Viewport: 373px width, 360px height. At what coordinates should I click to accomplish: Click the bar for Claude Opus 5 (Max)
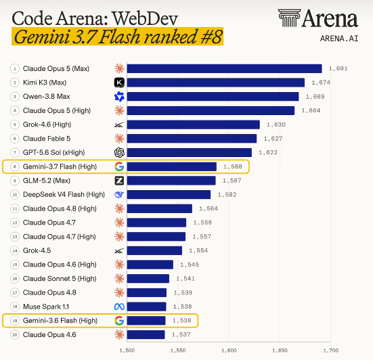(224, 68)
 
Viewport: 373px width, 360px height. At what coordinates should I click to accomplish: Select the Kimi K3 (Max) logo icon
(119, 83)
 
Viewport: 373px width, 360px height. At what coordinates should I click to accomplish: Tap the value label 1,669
(315, 97)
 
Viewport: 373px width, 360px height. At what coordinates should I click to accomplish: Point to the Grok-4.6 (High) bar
(194, 125)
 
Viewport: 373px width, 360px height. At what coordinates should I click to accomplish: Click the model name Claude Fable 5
(47, 139)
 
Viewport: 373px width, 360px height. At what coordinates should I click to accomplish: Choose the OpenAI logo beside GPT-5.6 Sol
(119, 152)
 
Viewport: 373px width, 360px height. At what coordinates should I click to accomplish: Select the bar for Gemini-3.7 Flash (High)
(172, 166)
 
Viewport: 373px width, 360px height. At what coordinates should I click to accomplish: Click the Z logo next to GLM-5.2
(119, 181)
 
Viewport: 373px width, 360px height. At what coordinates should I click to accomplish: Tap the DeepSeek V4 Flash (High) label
(64, 194)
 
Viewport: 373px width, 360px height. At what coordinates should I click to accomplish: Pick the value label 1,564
(209, 208)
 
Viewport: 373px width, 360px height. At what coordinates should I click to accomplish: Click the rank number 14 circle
(15, 250)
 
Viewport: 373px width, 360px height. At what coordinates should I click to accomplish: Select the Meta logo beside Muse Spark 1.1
(119, 307)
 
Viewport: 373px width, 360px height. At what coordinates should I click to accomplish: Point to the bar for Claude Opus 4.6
(146, 334)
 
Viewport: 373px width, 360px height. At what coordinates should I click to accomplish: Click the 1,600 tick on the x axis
(229, 351)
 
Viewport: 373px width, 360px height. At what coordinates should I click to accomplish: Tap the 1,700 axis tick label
(330, 351)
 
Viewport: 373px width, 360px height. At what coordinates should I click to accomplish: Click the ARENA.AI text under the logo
(339, 39)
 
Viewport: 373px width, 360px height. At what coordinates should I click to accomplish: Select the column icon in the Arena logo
(289, 18)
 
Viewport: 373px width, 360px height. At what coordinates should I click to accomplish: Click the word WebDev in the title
(145, 18)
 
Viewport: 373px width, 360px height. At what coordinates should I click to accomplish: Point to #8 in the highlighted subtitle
(211, 37)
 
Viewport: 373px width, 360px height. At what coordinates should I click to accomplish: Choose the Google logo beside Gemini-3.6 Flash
(119, 321)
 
